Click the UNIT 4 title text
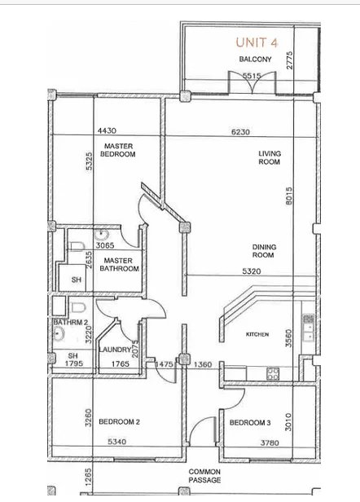(257, 42)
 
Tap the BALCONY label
(255, 59)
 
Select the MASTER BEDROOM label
(118, 150)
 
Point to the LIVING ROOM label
(270, 158)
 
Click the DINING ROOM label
(264, 251)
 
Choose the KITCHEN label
(257, 334)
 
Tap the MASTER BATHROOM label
(119, 265)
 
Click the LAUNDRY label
(115, 350)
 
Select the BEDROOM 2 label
(119, 422)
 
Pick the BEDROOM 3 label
(250, 423)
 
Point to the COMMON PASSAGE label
(204, 476)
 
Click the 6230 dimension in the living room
(240, 132)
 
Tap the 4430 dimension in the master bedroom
(107, 130)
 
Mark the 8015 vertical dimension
(288, 196)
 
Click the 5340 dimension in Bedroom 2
(116, 442)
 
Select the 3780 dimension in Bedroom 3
(270, 443)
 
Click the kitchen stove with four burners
(273, 373)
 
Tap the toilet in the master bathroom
(77, 246)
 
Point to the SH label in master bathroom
(77, 280)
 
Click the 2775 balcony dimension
(290, 60)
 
